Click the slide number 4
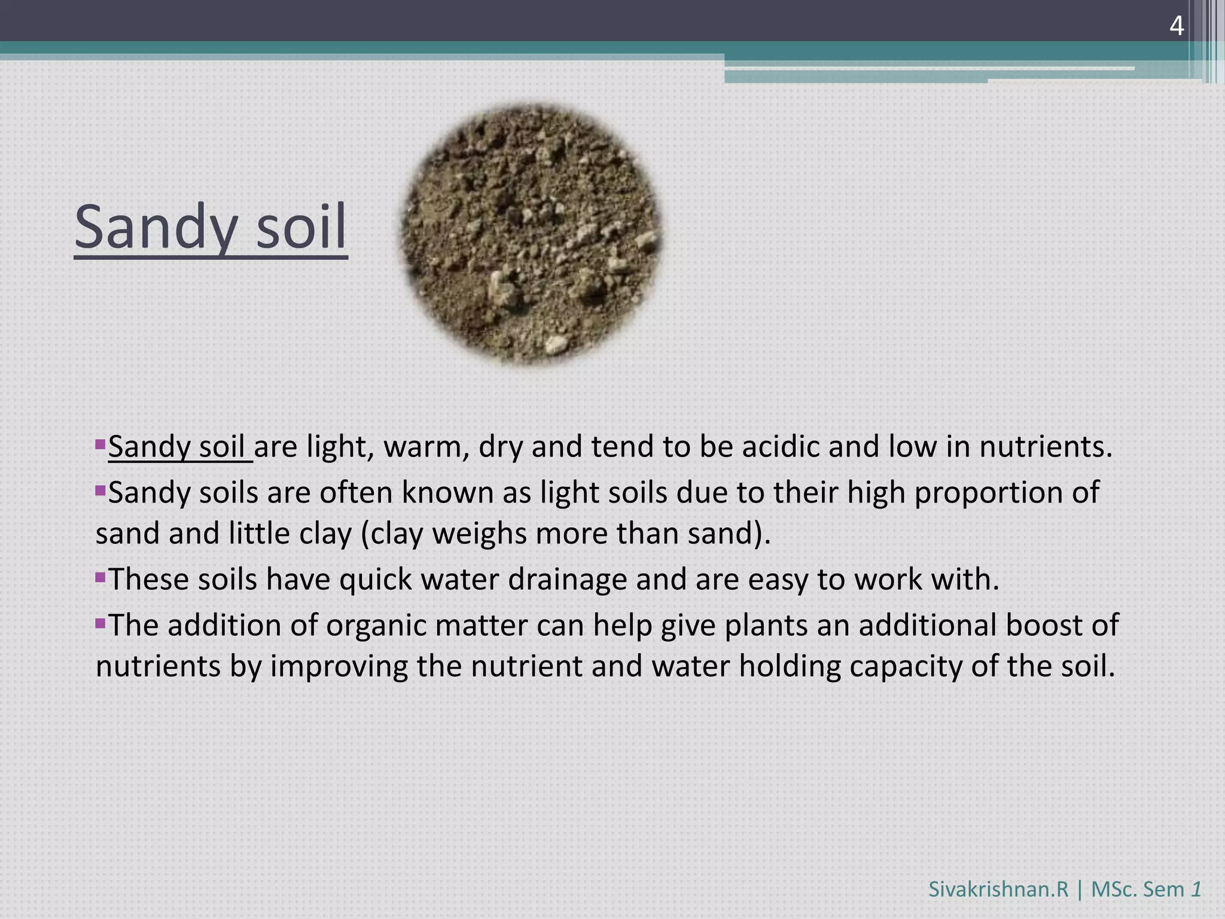(1176, 26)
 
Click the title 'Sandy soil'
(211, 228)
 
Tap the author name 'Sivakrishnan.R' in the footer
(998, 889)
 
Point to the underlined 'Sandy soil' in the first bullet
(177, 447)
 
